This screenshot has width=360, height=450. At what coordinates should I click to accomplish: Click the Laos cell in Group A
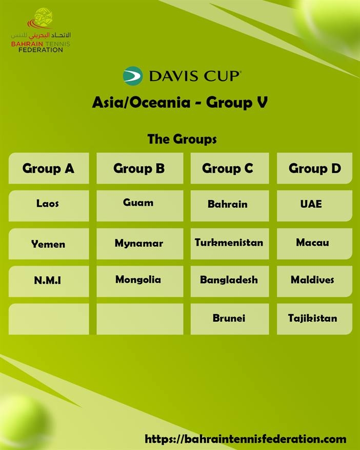(49, 205)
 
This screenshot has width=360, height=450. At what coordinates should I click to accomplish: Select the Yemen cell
(49, 244)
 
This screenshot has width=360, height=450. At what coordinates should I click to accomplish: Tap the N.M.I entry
(49, 281)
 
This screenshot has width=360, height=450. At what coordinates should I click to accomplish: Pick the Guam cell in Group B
(139, 205)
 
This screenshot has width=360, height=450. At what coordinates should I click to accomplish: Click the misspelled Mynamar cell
(139, 244)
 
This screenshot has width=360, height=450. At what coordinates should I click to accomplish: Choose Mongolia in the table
(139, 281)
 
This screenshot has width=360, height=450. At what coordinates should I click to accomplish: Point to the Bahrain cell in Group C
(230, 205)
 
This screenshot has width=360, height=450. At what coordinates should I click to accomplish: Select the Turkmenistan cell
(230, 244)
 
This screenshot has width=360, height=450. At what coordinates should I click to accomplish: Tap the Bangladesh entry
(230, 281)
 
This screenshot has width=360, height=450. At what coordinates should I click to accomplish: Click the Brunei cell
(230, 319)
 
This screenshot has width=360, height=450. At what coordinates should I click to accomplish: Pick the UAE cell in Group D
(314, 205)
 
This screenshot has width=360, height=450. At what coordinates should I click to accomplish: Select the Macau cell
(314, 244)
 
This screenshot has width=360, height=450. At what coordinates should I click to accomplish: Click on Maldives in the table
(314, 281)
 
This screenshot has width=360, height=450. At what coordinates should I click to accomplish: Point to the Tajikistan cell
(314, 319)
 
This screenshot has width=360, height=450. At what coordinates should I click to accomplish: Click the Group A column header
(49, 168)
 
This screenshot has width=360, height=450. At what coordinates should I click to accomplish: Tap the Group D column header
(314, 168)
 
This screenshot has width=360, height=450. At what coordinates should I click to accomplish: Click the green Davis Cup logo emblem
(133, 76)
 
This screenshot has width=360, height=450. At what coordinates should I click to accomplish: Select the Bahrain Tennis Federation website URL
(245, 439)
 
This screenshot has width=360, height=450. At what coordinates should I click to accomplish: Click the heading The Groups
(182, 139)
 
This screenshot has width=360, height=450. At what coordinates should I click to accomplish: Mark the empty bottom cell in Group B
(139, 319)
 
